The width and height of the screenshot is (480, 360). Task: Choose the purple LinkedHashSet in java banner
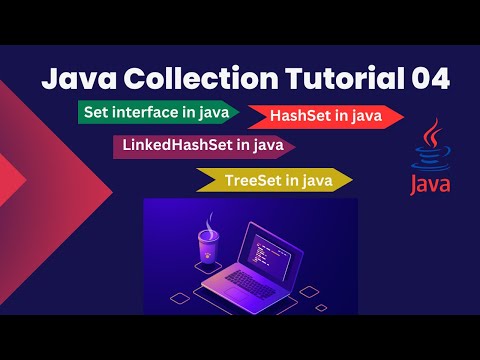click(x=204, y=146)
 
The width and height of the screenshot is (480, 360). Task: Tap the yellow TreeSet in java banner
click(x=275, y=180)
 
